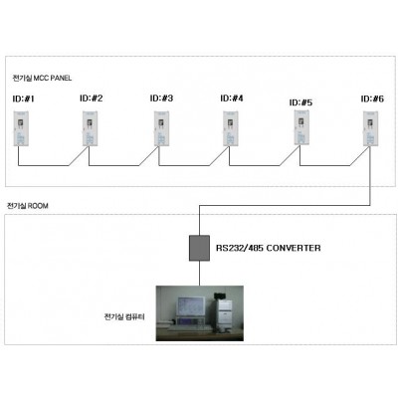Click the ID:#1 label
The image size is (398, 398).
pos(23,99)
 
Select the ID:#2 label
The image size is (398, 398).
pos(92,99)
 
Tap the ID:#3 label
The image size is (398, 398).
pos(161,99)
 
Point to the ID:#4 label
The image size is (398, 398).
pos(232,99)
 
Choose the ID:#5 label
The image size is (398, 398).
pos(300,102)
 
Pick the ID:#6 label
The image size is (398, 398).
pos(372,99)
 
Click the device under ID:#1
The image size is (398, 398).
pos(21,128)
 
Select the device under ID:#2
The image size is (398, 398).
pos(90,128)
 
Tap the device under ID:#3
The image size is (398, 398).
pos(161,128)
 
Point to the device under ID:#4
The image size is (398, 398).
pos(231,128)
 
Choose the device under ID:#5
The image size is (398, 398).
pos(301,127)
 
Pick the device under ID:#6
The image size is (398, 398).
pos(371,128)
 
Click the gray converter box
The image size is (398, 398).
pos(199,248)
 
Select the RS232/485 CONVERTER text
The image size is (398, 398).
pos(269,248)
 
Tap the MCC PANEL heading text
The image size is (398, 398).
pos(42,79)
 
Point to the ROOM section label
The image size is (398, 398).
pos(28,206)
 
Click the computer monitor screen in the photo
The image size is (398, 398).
pos(190,306)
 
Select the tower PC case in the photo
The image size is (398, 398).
pos(224,313)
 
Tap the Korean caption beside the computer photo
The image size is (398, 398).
pos(124,316)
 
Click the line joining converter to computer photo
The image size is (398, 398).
pos(199,274)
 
